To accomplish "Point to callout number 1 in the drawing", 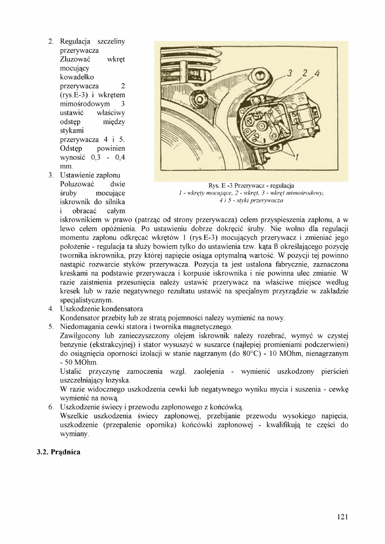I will (x=297, y=157).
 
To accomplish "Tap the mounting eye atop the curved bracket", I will (x=261, y=77).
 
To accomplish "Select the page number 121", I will (x=342, y=517).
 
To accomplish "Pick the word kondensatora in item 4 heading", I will (x=121, y=309).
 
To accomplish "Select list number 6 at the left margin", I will (x=50, y=407).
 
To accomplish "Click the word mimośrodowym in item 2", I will (x=85, y=104).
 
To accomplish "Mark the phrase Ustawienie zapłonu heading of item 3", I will (x=90, y=175).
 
